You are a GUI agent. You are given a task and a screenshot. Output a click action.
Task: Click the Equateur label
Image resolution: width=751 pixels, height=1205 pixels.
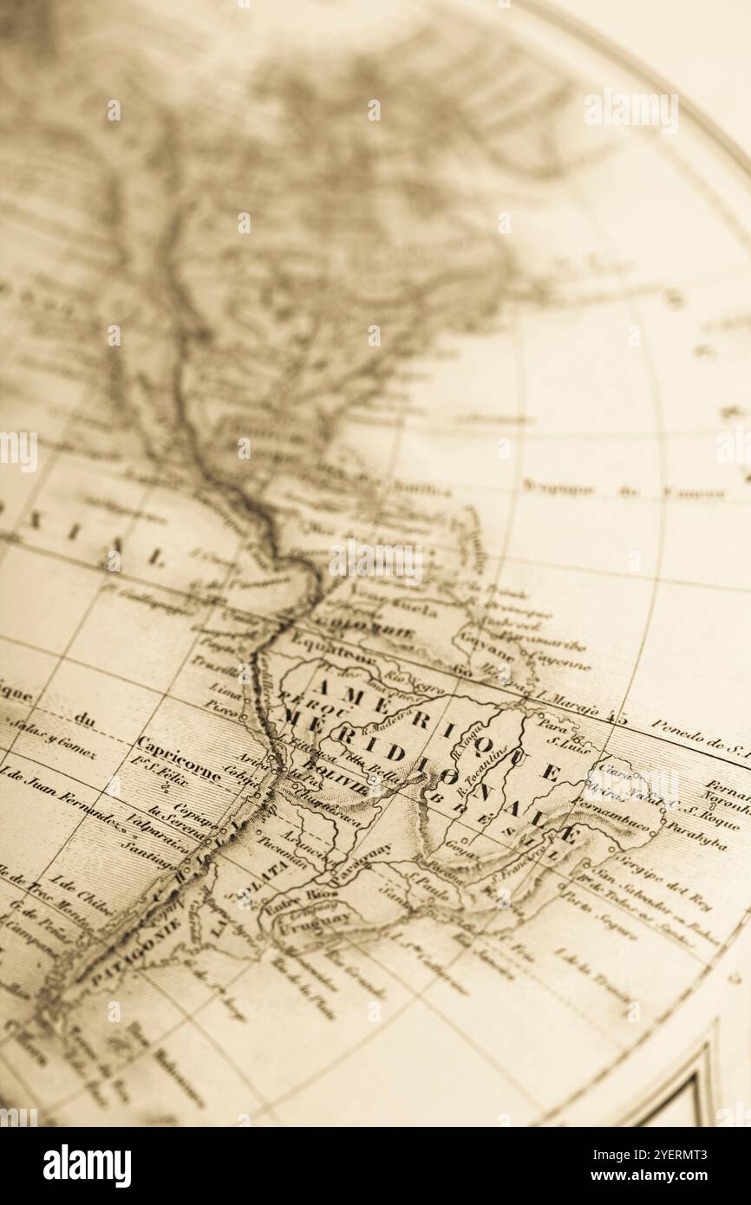pos(321,646)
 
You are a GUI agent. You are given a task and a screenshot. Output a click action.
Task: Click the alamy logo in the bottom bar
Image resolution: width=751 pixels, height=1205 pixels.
pos(87,1166)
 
